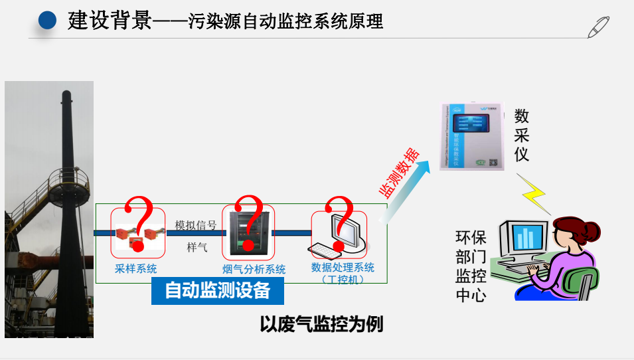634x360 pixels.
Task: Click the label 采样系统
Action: tap(136, 269)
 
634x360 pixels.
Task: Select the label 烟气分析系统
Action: tap(254, 269)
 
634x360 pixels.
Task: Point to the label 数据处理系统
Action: tap(343, 268)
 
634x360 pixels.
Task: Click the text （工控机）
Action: tap(343, 280)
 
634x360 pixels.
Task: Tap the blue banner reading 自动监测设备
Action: tap(217, 291)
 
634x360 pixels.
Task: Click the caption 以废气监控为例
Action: tap(321, 325)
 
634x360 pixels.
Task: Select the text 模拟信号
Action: tap(195, 226)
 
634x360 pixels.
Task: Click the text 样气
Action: tap(197, 248)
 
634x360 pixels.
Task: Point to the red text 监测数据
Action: tap(399, 173)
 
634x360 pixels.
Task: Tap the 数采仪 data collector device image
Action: tap(471, 136)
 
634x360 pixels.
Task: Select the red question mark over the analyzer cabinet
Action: tap(248, 223)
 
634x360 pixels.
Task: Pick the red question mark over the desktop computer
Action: tap(341, 223)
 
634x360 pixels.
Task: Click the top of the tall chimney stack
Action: tap(66, 95)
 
